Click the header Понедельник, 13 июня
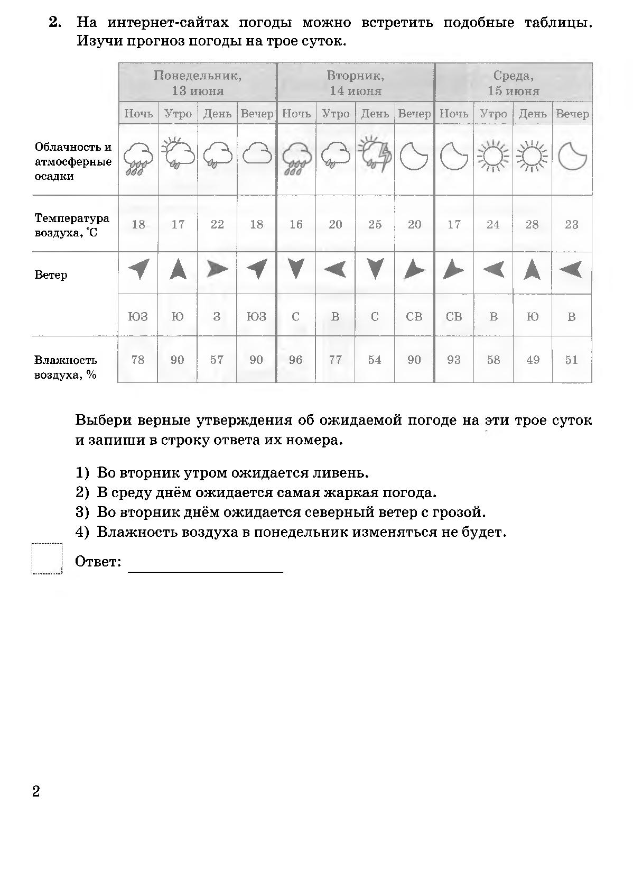(197, 83)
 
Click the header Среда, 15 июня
(513, 83)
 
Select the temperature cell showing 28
(532, 224)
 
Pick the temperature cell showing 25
(375, 224)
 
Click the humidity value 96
(296, 360)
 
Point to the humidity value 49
(533, 360)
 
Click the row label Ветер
(51, 275)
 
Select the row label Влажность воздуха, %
(66, 368)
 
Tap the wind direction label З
(217, 317)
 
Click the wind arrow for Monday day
(217, 270)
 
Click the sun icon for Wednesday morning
(492, 156)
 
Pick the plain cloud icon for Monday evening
(257, 154)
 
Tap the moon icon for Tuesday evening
(414, 155)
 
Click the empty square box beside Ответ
(46, 559)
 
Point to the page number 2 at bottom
(36, 791)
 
